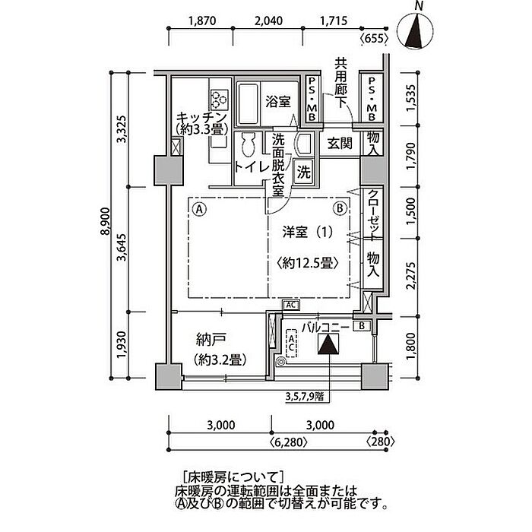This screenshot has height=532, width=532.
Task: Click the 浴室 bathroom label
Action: [275, 100]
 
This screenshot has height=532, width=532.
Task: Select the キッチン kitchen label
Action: [201, 123]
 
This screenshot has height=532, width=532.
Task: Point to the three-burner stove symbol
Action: [220, 98]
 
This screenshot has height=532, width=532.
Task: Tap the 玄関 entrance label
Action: [338, 142]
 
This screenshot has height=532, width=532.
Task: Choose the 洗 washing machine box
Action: [303, 172]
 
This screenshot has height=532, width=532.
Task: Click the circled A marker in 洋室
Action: [199, 207]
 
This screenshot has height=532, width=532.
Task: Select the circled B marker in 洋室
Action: [340, 207]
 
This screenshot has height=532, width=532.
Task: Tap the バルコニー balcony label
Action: [325, 327]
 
